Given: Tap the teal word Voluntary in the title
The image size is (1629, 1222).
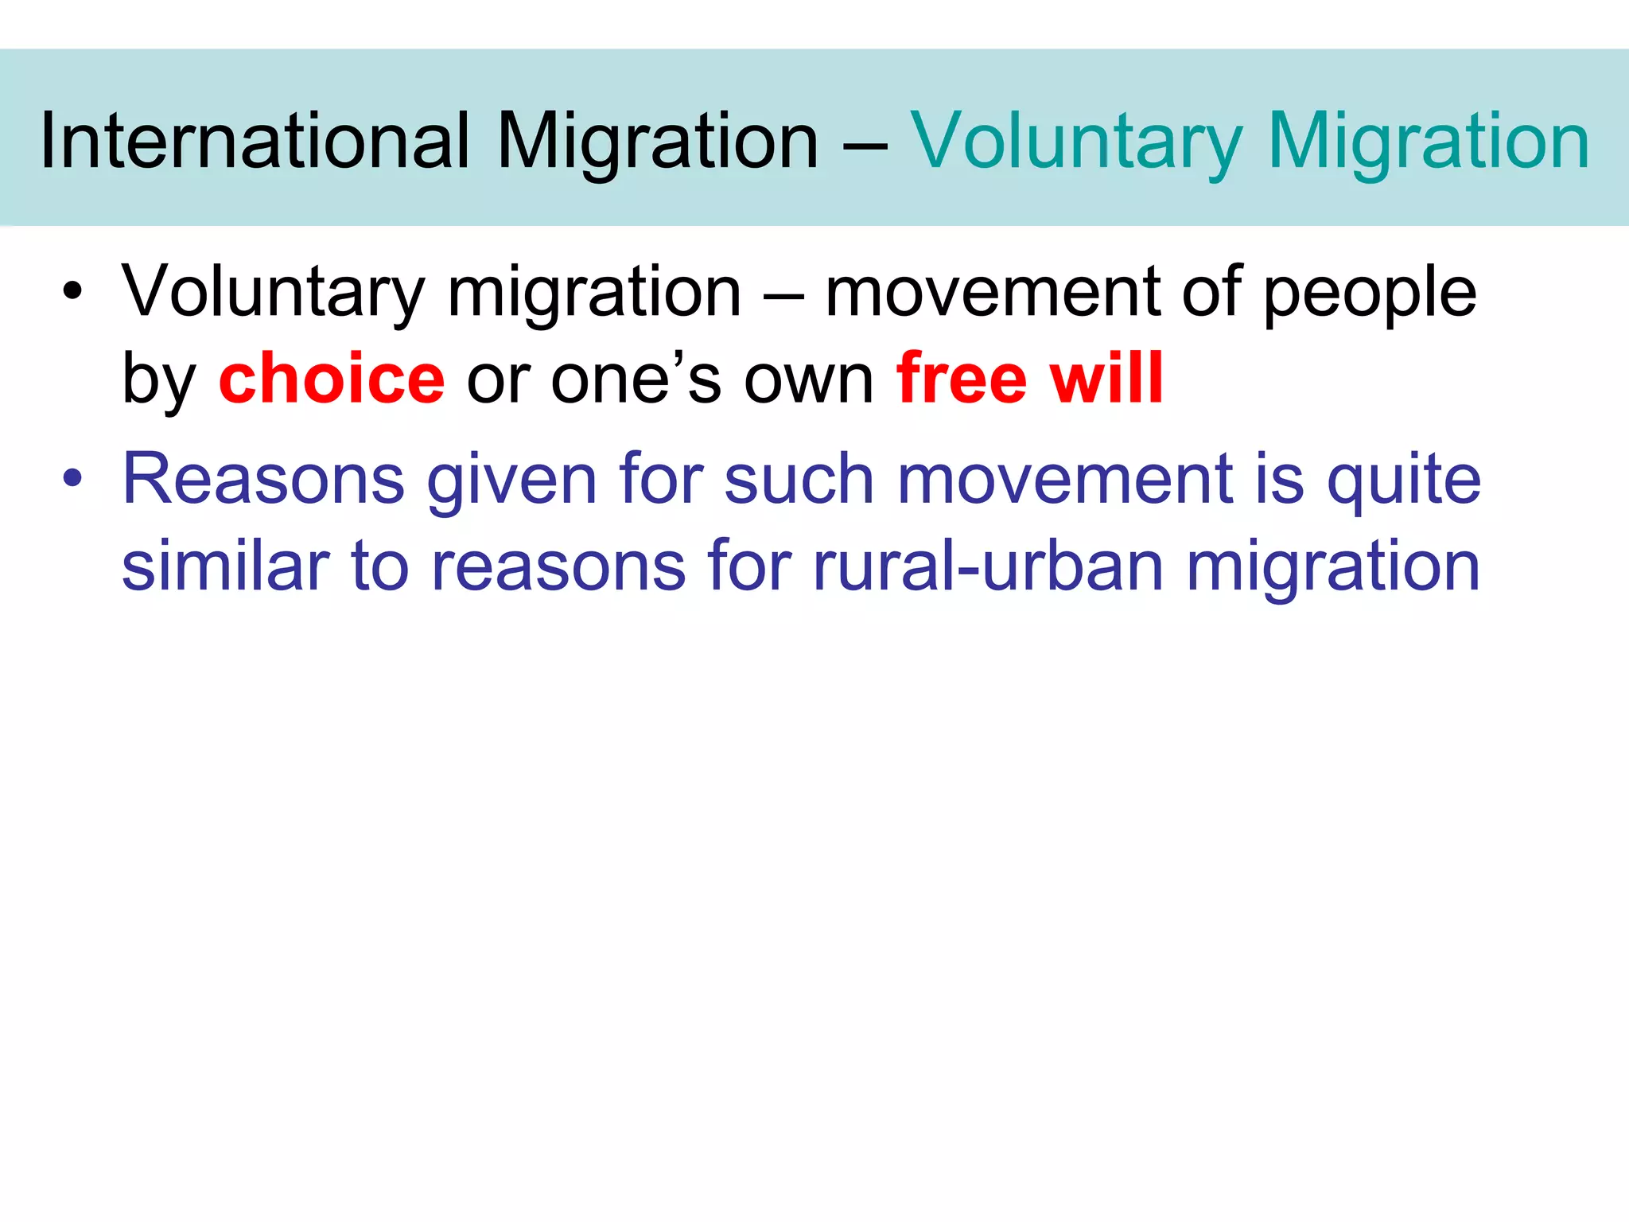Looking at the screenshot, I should click(x=1076, y=141).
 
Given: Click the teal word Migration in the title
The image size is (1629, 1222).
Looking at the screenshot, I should click(x=1429, y=141).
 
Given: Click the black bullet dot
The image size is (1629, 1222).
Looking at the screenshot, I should click(x=72, y=291).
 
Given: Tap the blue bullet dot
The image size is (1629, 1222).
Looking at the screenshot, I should click(x=72, y=478).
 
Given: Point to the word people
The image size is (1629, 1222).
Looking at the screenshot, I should click(x=1370, y=293).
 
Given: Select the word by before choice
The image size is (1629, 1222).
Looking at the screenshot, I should click(x=159, y=379).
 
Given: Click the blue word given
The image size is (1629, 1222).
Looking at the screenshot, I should click(x=511, y=480).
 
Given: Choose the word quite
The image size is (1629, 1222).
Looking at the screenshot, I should click(x=1404, y=480).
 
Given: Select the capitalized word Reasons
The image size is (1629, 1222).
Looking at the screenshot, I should click(x=263, y=480).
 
